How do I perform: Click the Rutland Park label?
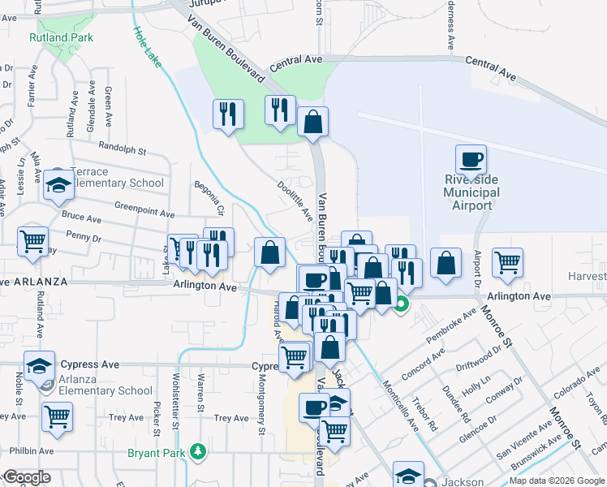pyautogui.click(x=61, y=37)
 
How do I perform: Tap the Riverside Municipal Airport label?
pyautogui.click(x=471, y=192)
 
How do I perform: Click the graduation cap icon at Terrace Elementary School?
pyautogui.click(x=58, y=186)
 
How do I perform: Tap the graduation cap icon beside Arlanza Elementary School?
pyautogui.click(x=39, y=367)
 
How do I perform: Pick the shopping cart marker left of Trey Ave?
pyautogui.click(x=57, y=416)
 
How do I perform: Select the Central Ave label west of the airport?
pyautogui.click(x=296, y=60)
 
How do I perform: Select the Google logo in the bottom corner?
pyautogui.click(x=27, y=477)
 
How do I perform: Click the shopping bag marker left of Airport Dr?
pyautogui.click(x=446, y=264)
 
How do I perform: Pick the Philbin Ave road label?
pyautogui.click(x=32, y=450)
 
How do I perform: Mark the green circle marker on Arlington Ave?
pyautogui.click(x=402, y=305)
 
